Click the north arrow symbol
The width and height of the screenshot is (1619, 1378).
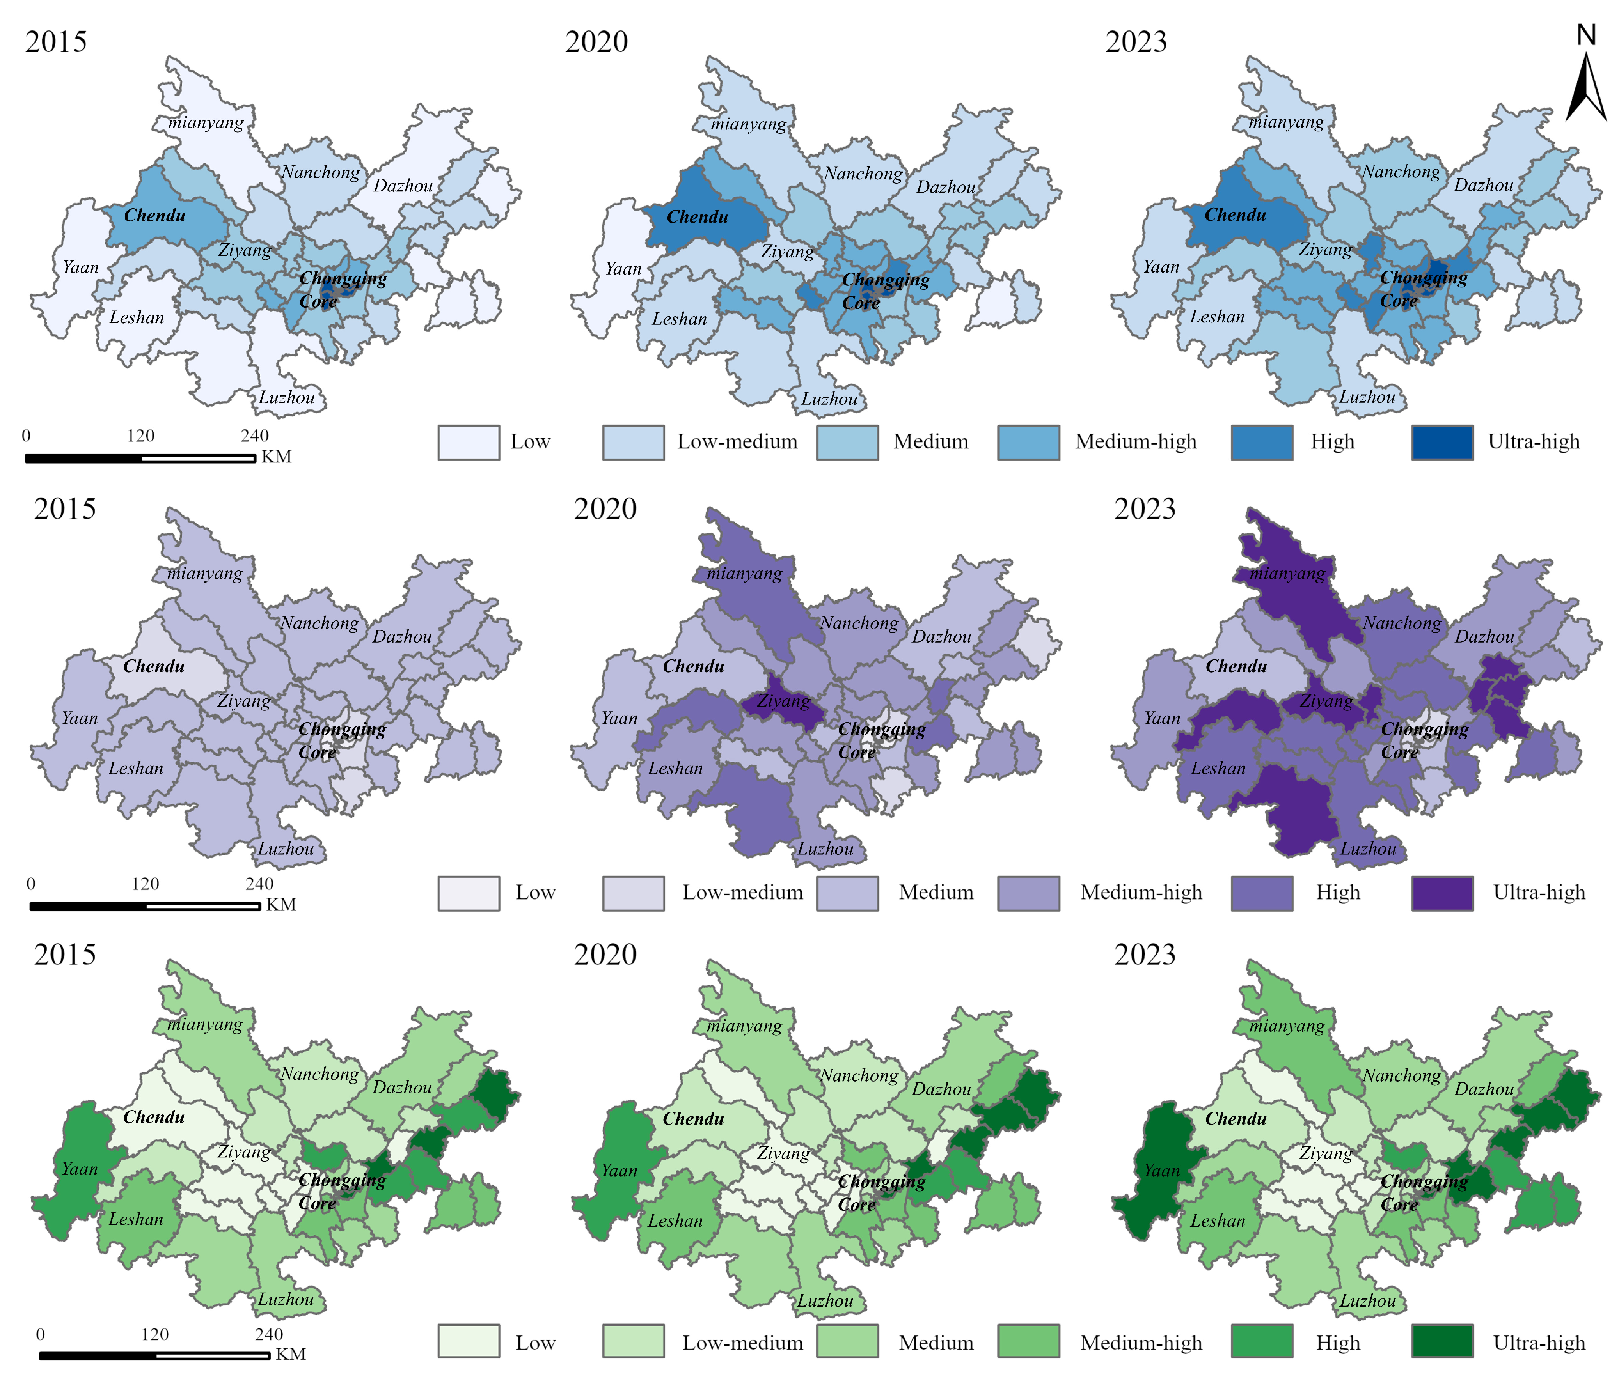(1586, 78)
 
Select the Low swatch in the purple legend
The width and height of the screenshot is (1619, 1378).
(469, 893)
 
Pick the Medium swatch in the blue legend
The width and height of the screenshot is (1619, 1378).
(848, 442)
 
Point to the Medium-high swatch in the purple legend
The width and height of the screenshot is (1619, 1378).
(1029, 893)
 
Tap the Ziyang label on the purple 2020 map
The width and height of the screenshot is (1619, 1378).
(784, 701)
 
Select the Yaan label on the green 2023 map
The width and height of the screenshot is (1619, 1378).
(1161, 1170)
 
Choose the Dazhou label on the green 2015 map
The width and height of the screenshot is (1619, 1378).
(402, 1088)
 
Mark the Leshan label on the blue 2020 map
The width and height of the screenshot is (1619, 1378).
(679, 319)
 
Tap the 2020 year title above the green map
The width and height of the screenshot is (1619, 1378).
(605, 955)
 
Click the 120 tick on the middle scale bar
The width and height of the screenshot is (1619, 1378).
(146, 884)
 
